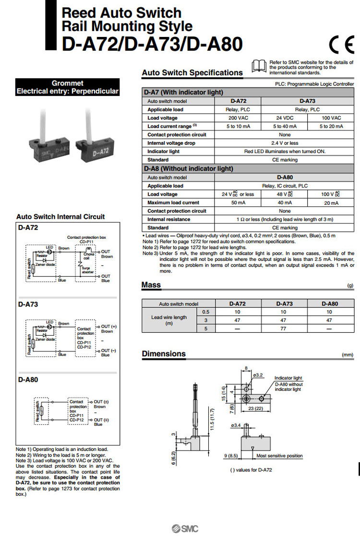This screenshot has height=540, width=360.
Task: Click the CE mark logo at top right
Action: pos(341,45)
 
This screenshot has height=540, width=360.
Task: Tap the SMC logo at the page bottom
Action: pos(185,529)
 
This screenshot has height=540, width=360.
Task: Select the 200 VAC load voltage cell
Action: pos(239,118)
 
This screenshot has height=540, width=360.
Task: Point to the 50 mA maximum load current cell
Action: pos(239,203)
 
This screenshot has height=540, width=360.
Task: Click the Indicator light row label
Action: pos(164,152)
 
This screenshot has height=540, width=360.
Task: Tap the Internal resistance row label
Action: pos(169,219)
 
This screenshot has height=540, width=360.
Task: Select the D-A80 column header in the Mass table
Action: pos(329,304)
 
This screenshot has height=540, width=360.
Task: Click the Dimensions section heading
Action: pos(164,354)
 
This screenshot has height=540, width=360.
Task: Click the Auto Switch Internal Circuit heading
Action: pos(60,217)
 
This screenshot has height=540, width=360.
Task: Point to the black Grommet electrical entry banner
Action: pos(67,87)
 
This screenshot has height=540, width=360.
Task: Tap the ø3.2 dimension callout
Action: pos(258,375)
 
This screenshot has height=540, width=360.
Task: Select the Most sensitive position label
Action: pos(279,456)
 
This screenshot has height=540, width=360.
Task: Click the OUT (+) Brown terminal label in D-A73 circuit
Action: pos(107,329)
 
